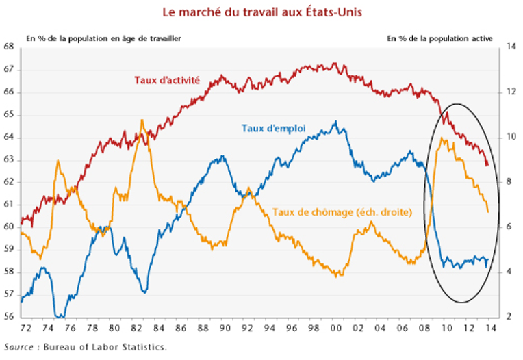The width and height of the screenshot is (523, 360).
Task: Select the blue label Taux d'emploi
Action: [x=273, y=128]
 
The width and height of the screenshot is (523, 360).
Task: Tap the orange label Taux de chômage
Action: [x=342, y=212]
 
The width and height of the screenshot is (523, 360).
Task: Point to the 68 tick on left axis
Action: [x=9, y=47]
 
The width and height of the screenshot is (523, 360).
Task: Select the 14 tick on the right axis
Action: [x=510, y=47]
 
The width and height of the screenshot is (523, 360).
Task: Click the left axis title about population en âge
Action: [x=103, y=38]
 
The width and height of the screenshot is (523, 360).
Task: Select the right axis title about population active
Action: [x=439, y=38]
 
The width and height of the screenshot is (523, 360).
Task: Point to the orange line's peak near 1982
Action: [x=142, y=120]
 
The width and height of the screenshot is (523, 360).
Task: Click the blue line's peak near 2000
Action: [x=335, y=122]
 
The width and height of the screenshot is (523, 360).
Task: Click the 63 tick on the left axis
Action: [x=9, y=159]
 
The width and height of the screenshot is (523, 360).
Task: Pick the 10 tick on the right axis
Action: [x=510, y=137]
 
